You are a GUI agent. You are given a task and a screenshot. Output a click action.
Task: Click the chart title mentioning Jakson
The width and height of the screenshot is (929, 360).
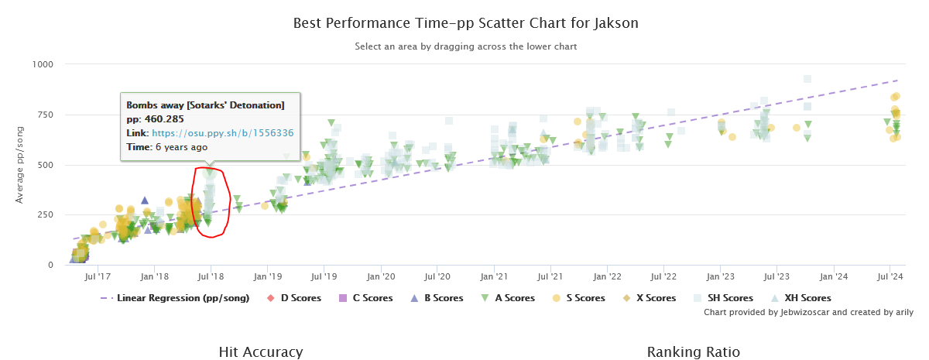coord(465,22)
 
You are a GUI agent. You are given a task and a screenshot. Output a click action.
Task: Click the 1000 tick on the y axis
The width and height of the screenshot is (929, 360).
coord(42,64)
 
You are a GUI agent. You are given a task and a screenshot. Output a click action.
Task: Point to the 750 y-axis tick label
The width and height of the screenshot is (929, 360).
coord(45,115)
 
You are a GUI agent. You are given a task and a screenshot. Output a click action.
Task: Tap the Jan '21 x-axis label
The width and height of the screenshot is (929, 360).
coord(494,276)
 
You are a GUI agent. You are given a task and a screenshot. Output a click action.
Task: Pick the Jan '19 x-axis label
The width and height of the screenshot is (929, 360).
coord(267,276)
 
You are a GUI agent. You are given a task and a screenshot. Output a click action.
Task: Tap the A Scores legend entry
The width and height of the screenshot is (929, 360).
coord(514,298)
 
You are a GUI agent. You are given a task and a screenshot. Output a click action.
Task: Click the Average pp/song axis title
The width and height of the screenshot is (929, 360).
coord(19,165)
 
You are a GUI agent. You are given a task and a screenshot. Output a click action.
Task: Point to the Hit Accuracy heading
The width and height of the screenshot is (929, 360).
coord(260,352)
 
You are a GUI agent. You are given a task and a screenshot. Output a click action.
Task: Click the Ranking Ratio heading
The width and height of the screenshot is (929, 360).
coord(693,352)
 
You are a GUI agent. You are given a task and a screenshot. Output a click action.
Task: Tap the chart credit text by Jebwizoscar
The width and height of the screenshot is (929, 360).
coord(808,313)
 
